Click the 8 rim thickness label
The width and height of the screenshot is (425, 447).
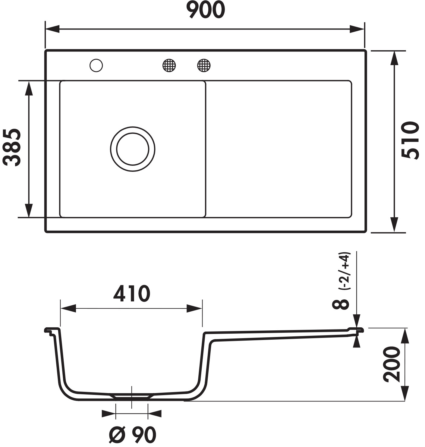tap(340, 304)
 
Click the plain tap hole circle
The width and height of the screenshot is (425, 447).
tap(96, 65)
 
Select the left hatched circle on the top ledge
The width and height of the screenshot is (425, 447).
tap(169, 65)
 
